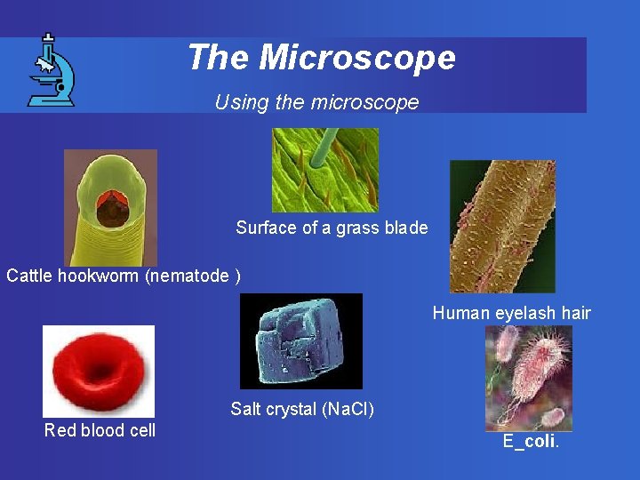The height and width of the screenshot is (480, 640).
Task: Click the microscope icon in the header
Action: (x=52, y=70)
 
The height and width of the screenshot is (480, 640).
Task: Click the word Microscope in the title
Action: (x=357, y=58)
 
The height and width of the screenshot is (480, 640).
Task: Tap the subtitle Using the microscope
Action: (x=316, y=102)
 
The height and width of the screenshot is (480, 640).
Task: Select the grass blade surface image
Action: (x=324, y=169)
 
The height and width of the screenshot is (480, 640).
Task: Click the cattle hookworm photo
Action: (x=110, y=207)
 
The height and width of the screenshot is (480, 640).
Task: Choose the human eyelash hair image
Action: (x=502, y=226)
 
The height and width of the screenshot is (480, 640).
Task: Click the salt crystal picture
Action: (x=301, y=340)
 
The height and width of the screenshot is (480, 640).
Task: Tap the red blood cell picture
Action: (x=99, y=371)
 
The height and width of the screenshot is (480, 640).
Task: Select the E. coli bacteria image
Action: (x=528, y=377)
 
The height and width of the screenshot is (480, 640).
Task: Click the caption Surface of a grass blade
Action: (x=332, y=228)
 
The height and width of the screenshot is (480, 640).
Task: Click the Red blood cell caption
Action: (x=100, y=430)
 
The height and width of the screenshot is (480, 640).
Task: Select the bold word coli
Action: (x=540, y=442)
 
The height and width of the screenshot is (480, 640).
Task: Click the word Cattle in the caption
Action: (x=28, y=276)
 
